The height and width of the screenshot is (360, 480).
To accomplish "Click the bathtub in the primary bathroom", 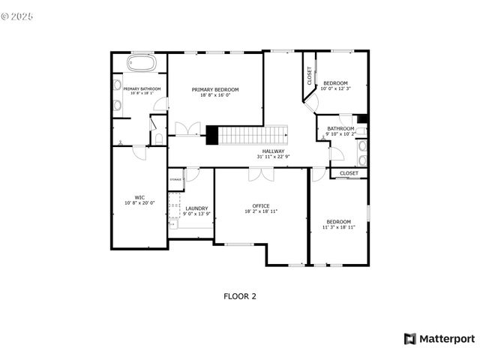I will click(x=141, y=63).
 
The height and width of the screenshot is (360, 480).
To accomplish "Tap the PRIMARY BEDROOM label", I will click(x=214, y=89).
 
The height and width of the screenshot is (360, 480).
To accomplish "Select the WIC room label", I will click(x=139, y=198).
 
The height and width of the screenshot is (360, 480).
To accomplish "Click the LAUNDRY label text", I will click(x=196, y=208).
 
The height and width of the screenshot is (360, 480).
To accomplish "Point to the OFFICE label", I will click(x=260, y=206).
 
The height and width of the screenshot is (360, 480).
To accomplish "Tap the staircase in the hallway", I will click(x=253, y=135).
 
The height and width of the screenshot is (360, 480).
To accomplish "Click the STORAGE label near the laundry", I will click(x=175, y=180).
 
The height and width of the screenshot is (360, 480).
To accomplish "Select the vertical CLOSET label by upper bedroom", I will click(x=309, y=75).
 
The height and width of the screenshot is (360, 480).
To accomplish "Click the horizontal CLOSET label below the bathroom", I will click(x=349, y=173).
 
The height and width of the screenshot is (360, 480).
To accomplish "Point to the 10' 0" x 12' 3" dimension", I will click(x=334, y=88).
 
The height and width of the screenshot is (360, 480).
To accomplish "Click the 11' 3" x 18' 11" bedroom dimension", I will click(x=338, y=226).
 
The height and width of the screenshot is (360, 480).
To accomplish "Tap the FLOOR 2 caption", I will click(x=240, y=296).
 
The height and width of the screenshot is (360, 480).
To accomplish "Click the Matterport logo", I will click(x=439, y=338).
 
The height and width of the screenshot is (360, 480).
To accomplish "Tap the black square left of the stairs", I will click(x=211, y=135).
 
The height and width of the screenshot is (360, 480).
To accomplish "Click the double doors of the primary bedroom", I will click(x=185, y=129).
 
